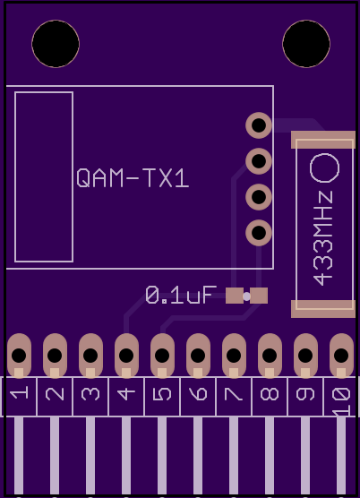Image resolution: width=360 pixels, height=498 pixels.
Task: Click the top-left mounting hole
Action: (x=56, y=44)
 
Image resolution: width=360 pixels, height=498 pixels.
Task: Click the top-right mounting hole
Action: (x=306, y=44)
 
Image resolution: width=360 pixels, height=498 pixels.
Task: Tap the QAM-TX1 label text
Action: (x=133, y=178)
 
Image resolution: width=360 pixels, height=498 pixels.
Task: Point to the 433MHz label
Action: (x=323, y=238)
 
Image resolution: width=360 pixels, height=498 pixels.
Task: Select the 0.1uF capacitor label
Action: (x=181, y=295)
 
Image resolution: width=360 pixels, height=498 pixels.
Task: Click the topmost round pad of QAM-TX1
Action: (x=259, y=125)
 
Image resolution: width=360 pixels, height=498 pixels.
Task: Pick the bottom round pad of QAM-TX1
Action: (x=259, y=233)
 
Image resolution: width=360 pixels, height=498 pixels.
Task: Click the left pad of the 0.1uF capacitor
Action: (x=235, y=296)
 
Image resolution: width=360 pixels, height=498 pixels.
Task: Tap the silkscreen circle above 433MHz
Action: (x=324, y=168)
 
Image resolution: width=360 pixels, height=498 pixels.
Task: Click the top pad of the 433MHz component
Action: (x=323, y=140)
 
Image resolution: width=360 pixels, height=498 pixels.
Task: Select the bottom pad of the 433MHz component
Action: (x=323, y=309)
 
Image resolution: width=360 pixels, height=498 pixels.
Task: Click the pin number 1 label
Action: (x=19, y=394)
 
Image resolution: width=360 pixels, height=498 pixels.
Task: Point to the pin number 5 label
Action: (x=162, y=394)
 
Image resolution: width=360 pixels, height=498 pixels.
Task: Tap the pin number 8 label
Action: (x=270, y=394)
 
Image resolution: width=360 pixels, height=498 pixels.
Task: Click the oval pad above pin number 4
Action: (x=126, y=356)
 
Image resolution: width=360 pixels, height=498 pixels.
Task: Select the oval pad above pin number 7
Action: (x=234, y=356)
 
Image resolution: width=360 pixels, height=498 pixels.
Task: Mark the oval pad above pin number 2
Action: (x=55, y=356)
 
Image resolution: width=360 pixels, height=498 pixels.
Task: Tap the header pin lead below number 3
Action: (x=90, y=456)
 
